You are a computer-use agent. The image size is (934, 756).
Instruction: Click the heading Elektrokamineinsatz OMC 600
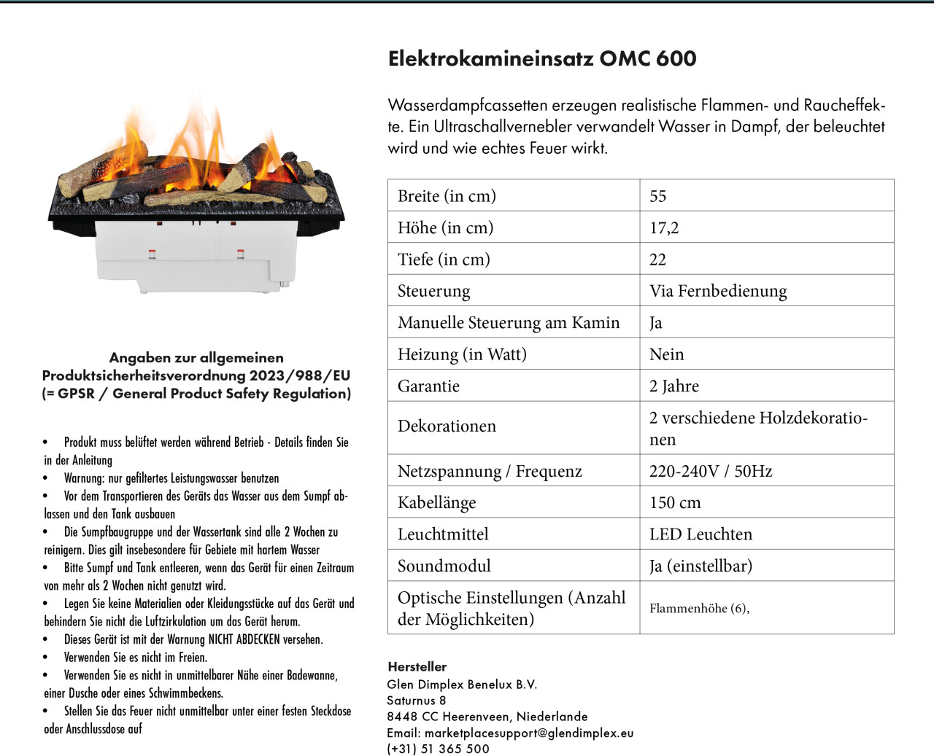click(542, 58)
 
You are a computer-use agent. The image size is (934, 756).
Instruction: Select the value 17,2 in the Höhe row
click(664, 227)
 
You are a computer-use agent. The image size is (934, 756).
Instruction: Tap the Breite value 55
click(657, 196)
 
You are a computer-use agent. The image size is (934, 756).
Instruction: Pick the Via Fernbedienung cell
click(718, 291)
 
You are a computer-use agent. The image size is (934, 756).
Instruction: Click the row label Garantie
click(428, 386)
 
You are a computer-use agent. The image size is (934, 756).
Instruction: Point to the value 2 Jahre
click(674, 386)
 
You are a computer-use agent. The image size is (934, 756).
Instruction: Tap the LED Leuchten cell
click(700, 534)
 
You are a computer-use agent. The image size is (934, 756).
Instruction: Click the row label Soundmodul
click(444, 566)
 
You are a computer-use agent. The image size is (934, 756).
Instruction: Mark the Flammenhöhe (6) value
click(699, 608)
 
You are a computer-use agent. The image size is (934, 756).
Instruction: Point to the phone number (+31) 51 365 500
click(438, 749)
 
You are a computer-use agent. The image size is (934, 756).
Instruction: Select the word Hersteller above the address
click(417, 666)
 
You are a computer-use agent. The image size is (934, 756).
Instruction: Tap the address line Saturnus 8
click(417, 701)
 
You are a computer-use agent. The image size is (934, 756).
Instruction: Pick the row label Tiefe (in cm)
click(444, 260)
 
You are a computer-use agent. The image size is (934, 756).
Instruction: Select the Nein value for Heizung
click(667, 354)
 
